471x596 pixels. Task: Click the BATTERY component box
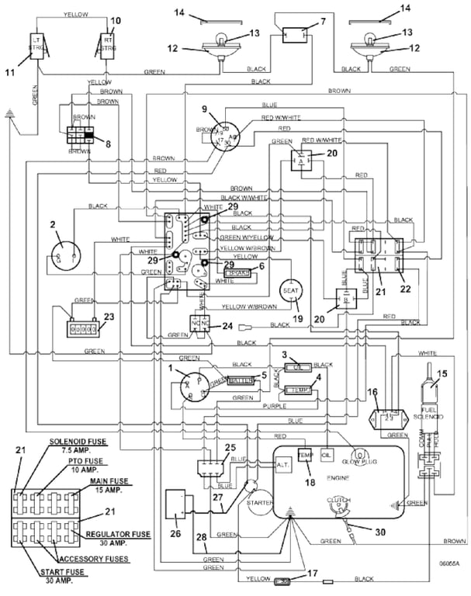[241, 379]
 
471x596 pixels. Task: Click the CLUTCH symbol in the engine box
[336, 504]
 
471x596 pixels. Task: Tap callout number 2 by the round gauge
[54, 225]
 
